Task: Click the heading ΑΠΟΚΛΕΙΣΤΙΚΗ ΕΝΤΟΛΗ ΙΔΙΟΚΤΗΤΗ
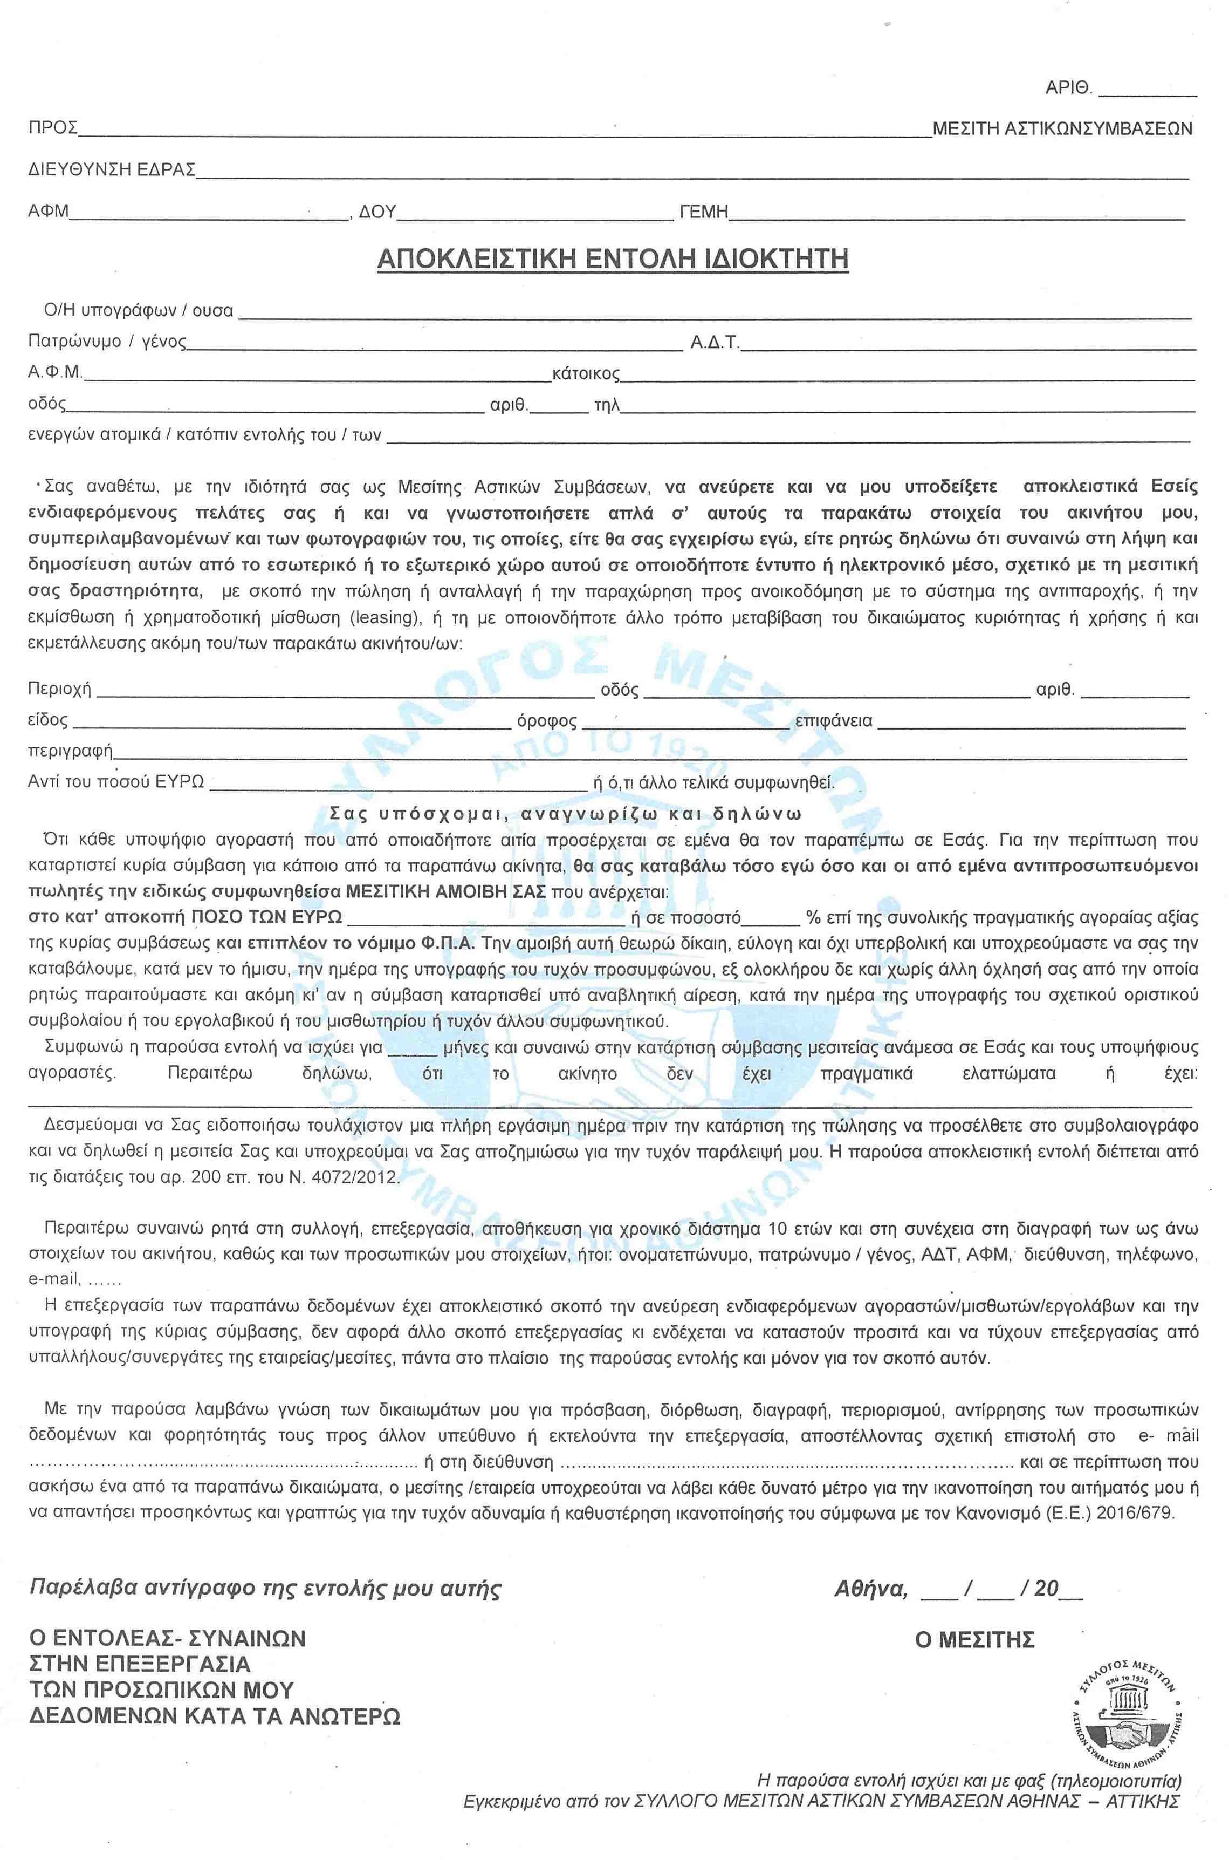613,259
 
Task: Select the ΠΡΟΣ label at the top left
52,128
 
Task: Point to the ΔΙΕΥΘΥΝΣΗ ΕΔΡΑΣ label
111,169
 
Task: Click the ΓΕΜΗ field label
705,211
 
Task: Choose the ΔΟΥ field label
377,211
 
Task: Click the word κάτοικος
586,373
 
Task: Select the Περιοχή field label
59,690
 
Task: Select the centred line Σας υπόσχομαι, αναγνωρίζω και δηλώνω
565,813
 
